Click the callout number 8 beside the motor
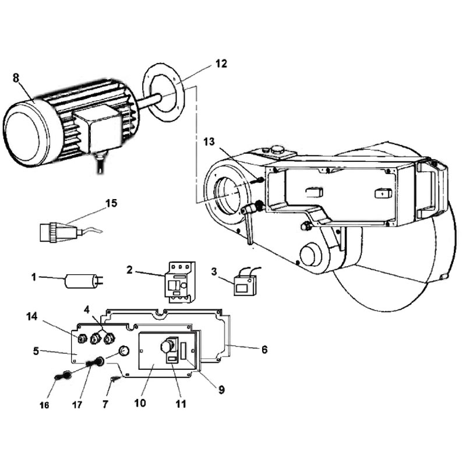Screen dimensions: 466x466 [x=16, y=78]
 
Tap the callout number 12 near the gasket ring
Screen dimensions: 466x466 [x=221, y=63]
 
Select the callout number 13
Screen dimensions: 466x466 [x=209, y=142]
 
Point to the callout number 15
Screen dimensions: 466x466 [x=111, y=203]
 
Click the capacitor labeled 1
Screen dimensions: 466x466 [x=84, y=281]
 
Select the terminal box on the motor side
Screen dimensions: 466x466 [x=97, y=129]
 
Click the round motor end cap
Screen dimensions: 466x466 [x=27, y=133]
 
